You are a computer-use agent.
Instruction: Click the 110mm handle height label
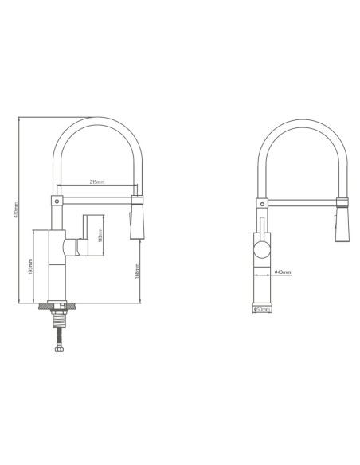tap(99, 236)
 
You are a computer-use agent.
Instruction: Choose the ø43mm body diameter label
tap(283, 272)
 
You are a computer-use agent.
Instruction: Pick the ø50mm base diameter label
tap(261, 308)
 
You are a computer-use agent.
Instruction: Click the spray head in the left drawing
tap(136, 217)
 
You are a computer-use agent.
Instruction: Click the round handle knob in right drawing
tap(262, 252)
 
